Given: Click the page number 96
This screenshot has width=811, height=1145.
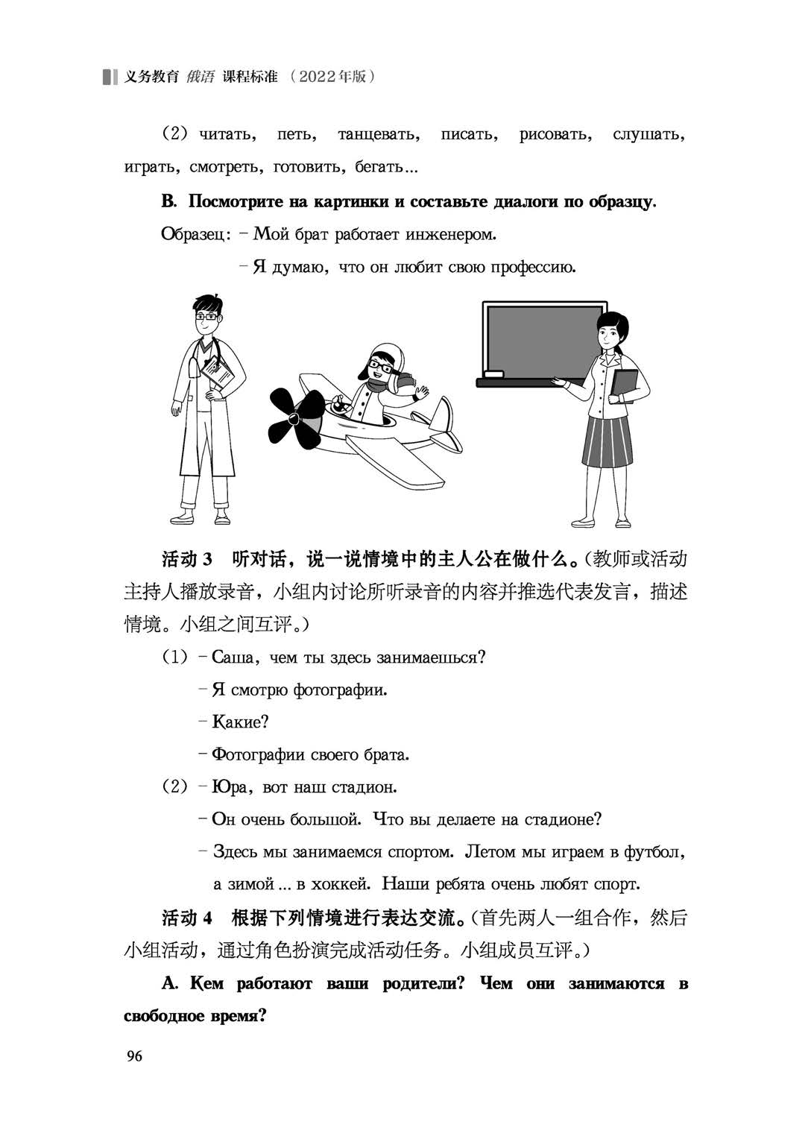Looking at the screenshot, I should point(134,1055).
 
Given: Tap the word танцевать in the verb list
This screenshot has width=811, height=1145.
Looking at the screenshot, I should point(378,135).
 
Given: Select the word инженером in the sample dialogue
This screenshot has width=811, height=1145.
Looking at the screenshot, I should point(451,234).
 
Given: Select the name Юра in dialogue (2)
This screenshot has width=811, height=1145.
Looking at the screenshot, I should point(229,787).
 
